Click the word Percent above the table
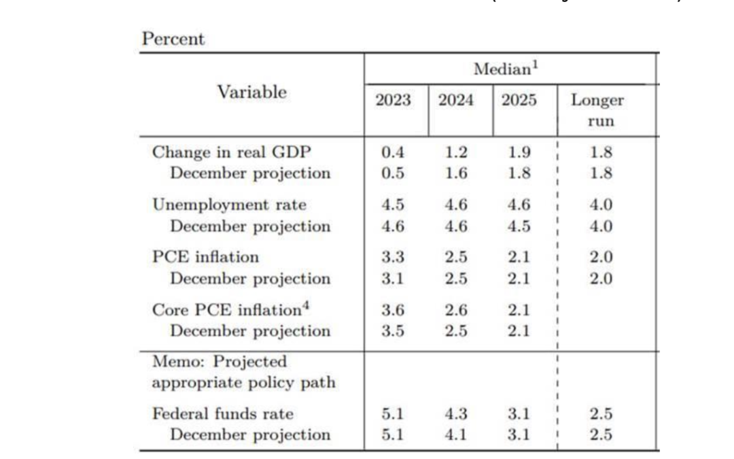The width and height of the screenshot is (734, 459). [x=173, y=39]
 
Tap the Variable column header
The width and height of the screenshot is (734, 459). [x=251, y=92]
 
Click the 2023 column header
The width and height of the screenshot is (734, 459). [x=394, y=100]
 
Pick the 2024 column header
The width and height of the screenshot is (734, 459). [x=456, y=100]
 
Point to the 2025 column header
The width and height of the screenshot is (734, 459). [x=519, y=100]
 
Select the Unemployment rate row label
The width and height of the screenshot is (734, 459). [x=229, y=205]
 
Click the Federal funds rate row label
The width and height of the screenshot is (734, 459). [x=222, y=413]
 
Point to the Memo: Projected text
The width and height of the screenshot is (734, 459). [x=220, y=362]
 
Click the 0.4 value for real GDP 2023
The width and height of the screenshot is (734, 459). [x=393, y=152]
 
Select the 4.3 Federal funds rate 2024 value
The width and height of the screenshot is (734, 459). [x=455, y=413]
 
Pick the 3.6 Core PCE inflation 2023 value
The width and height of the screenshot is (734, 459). [x=393, y=310]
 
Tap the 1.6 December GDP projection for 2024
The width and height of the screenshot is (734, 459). [x=455, y=173]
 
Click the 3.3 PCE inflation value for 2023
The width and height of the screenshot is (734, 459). [x=393, y=257]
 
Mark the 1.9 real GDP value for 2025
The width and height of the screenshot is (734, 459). [x=519, y=152]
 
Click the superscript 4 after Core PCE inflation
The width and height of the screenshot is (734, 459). [x=297, y=305]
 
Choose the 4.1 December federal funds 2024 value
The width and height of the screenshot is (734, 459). [x=455, y=435]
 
